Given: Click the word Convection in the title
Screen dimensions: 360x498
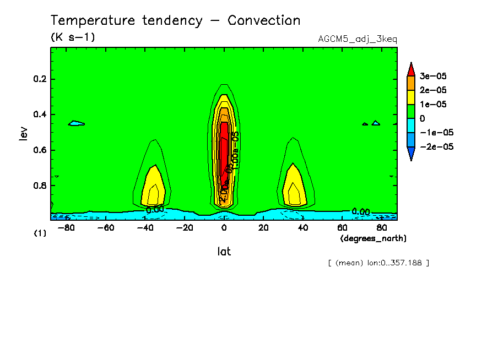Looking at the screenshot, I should [x=264, y=21].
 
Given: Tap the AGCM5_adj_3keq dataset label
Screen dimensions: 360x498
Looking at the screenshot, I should [x=358, y=39].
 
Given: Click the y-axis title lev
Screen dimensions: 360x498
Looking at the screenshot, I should [x=23, y=132].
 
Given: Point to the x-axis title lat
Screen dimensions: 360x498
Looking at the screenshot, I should [x=223, y=252].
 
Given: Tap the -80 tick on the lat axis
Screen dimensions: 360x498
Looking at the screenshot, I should [x=67, y=227].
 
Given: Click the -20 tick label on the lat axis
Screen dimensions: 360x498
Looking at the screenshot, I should [x=185, y=227].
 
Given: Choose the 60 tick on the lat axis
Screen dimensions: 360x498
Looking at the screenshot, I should [x=342, y=227].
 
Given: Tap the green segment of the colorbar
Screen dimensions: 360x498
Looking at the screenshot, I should [x=410, y=111].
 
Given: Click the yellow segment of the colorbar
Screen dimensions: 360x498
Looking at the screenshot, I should [x=410, y=97].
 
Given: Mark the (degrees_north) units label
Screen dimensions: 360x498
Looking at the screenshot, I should [x=373, y=238].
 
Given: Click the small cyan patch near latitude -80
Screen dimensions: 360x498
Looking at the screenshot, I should [x=77, y=123].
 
